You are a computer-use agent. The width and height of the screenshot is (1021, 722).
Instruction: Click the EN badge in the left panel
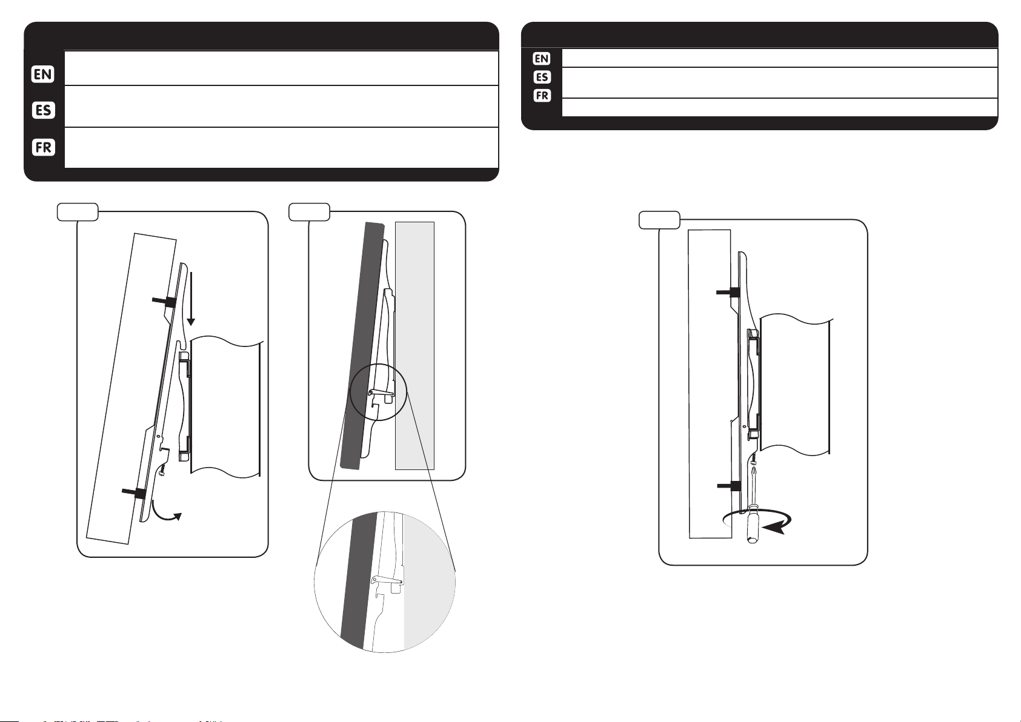click(x=43, y=75)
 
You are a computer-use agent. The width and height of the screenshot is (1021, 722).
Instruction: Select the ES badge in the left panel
click(x=43, y=110)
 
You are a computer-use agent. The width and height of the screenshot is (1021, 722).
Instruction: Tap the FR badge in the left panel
click(x=43, y=147)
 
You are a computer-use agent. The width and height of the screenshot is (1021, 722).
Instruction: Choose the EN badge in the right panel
click(x=542, y=58)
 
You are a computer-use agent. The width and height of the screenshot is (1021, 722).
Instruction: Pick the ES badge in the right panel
click(x=542, y=77)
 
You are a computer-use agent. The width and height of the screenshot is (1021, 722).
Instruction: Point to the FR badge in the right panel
click(x=542, y=96)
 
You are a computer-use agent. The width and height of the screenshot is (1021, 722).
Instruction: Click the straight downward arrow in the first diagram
click(x=191, y=299)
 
